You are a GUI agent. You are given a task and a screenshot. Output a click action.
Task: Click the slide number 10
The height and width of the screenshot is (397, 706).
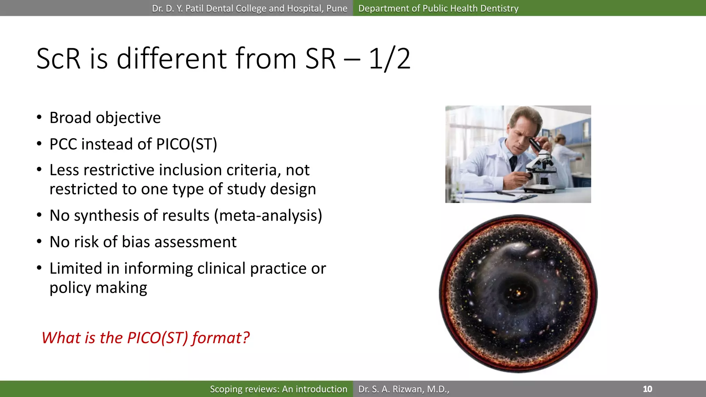click(647, 389)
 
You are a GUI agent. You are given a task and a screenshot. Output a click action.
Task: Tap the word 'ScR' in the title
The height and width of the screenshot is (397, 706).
click(58, 59)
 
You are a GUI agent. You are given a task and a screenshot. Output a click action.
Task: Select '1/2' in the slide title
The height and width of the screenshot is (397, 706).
click(390, 59)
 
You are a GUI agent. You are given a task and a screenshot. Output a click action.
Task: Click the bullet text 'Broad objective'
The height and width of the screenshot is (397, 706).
click(105, 118)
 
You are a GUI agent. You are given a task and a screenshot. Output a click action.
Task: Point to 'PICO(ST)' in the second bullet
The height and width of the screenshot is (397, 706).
click(186, 144)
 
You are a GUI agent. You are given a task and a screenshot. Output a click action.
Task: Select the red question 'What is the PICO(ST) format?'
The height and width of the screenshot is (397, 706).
click(145, 338)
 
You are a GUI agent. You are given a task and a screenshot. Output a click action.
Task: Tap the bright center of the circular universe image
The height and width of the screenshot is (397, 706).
click(518, 294)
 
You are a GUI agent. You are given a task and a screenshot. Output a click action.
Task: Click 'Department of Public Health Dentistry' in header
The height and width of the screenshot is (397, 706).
click(438, 8)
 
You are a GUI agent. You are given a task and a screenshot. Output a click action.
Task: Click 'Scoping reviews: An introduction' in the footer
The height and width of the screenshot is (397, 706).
click(279, 389)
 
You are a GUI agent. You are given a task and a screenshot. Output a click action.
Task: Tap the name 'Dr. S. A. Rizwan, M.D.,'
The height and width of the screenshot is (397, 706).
click(404, 389)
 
